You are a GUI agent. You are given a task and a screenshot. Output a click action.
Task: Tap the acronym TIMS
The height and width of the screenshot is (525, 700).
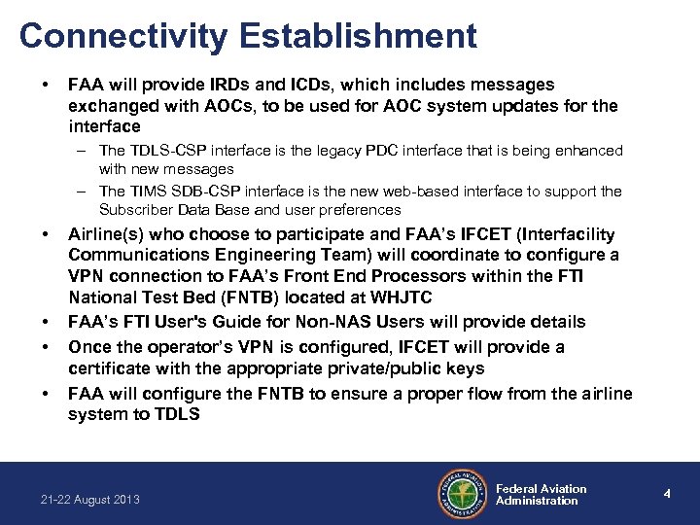(x=147, y=192)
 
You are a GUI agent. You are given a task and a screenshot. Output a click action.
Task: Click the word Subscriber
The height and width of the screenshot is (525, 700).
(x=137, y=210)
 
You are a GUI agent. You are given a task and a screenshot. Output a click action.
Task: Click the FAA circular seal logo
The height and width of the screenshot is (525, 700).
(x=461, y=494)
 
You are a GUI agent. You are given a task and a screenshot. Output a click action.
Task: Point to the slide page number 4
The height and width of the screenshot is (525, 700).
(x=667, y=494)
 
